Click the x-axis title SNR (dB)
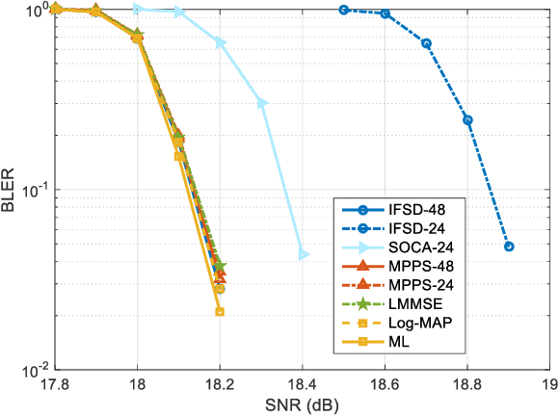point(303,405)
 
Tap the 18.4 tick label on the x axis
point(303,385)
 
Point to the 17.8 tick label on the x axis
point(55,385)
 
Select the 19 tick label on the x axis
point(549,385)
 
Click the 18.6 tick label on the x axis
point(385,385)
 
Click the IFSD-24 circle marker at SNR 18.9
point(509,247)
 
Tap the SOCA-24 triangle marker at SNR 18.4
point(304,254)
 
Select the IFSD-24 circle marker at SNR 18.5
point(344,10)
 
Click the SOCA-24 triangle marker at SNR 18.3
point(262,102)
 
